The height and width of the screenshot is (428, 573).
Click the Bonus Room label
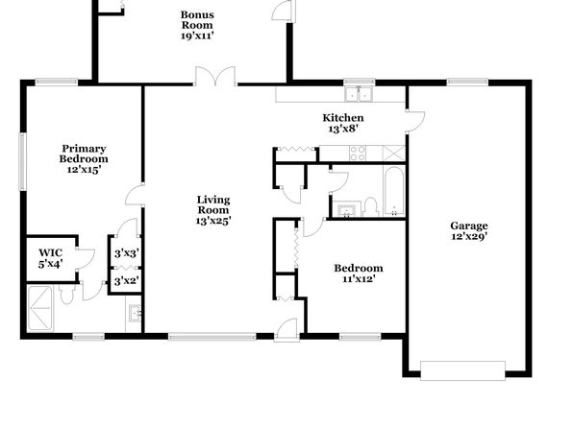point(197,20)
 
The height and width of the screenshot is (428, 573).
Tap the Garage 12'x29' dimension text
point(469,236)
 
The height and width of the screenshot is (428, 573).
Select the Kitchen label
point(343,118)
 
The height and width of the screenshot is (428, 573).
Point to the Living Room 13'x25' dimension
point(213,221)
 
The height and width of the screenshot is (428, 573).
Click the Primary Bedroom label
point(84,154)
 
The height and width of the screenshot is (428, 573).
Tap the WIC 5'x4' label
point(50,258)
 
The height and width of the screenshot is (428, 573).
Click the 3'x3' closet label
point(127,253)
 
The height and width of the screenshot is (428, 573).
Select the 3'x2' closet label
point(127,281)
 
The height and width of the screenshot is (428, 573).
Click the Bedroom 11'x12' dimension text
point(359,279)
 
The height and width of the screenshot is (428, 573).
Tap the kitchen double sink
point(359,94)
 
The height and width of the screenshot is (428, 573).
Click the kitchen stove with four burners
point(358,153)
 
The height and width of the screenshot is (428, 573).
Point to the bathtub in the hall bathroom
point(394,192)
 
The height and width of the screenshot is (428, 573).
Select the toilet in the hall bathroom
point(371,206)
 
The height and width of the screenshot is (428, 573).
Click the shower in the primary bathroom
point(40,309)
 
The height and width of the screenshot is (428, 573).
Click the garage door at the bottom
point(462,370)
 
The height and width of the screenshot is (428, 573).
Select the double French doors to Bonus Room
point(215,76)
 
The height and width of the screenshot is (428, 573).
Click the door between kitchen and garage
point(414,121)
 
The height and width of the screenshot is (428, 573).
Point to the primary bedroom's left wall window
point(23,161)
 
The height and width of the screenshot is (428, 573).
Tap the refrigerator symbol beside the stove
point(393,153)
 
